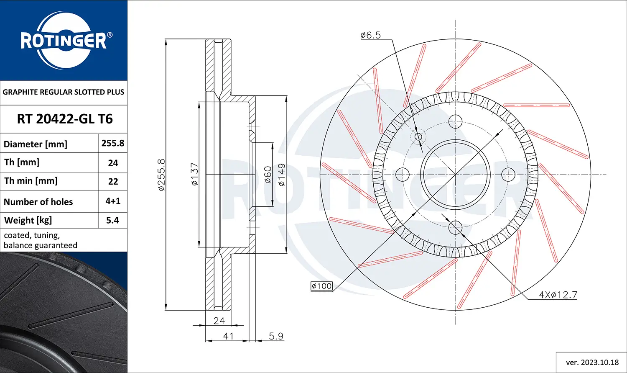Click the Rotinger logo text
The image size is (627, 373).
coord(64,41)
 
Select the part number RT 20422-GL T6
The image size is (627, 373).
coord(65,119)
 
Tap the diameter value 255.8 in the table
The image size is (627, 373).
coord(113,143)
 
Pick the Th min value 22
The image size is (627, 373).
coord(113,182)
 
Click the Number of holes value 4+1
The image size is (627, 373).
coord(113,201)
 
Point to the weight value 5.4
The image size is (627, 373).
coord(113,220)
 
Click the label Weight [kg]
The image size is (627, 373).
coord(28,220)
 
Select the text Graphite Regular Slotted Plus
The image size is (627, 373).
coord(64,92)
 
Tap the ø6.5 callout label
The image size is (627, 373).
coord(370,35)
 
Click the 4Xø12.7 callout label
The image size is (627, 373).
coord(558,295)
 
